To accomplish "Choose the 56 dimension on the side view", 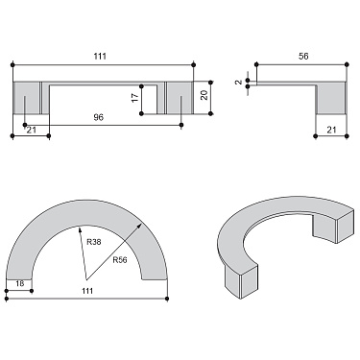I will click(x=302, y=58).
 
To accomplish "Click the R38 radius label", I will click(x=93, y=243).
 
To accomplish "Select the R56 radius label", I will click(x=121, y=259).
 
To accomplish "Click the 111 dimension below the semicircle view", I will click(x=87, y=291).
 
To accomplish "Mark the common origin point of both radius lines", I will click(x=86, y=280).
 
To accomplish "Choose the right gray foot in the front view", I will click(x=178, y=98).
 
